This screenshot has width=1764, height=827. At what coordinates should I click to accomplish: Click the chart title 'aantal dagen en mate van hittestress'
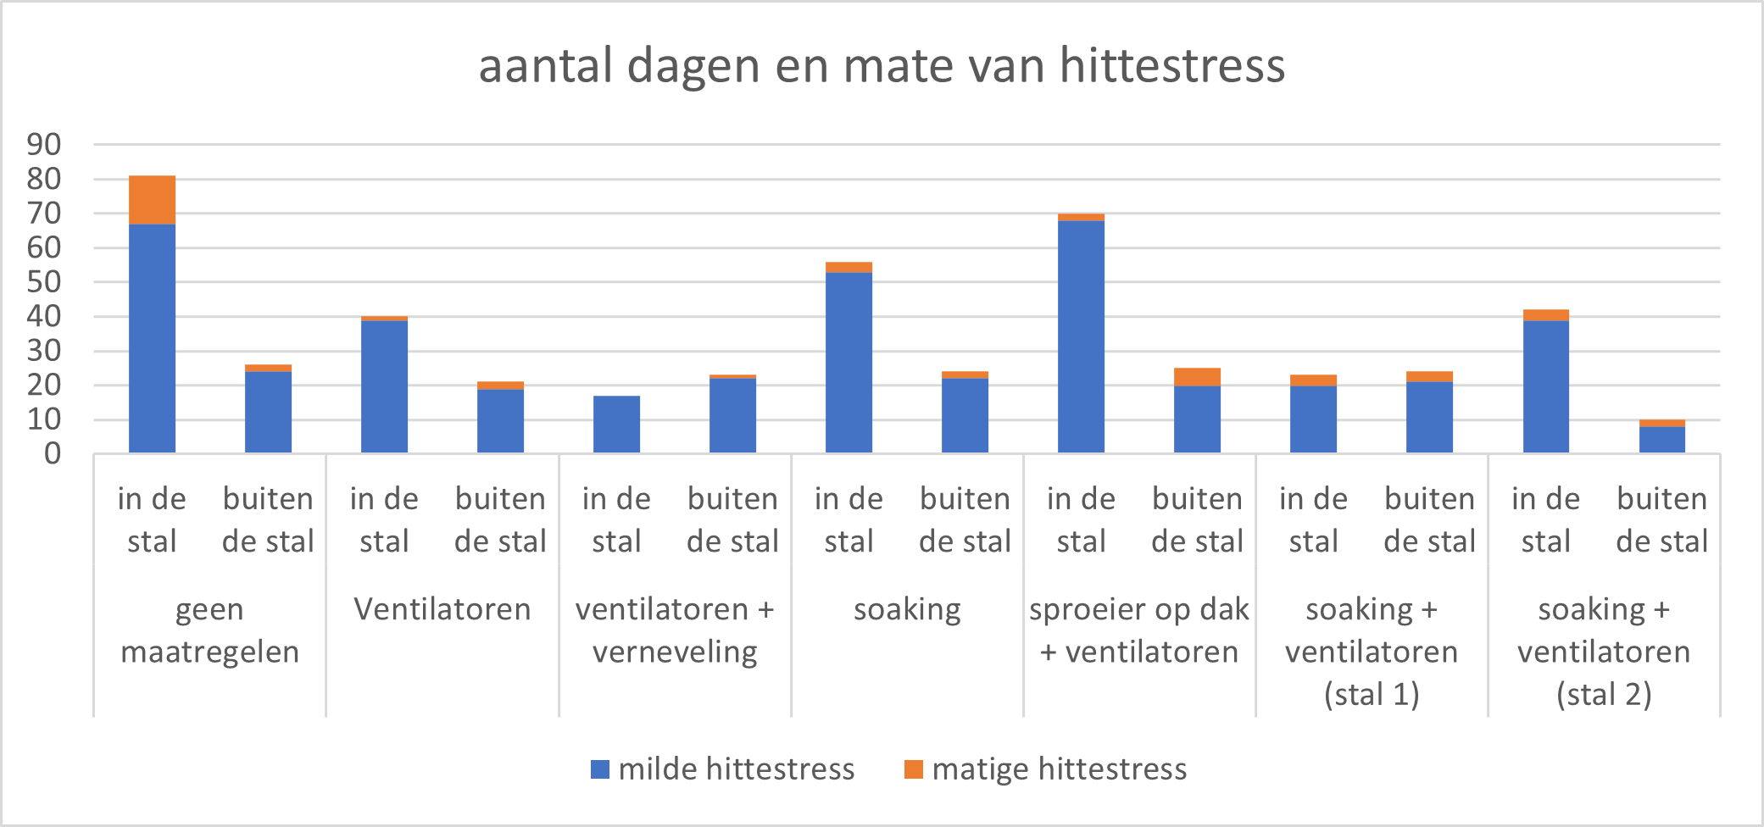tap(882, 66)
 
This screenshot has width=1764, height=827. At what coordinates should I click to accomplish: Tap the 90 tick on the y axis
tap(44, 145)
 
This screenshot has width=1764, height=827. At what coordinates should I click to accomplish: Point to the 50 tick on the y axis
tap(44, 282)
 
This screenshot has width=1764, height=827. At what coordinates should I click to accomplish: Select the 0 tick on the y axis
tap(53, 454)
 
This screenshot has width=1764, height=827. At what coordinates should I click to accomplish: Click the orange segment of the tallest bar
tap(153, 200)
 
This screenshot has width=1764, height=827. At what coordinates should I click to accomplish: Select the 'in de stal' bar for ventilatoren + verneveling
tap(616, 425)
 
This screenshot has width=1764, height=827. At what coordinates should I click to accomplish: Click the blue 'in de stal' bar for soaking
tap(849, 363)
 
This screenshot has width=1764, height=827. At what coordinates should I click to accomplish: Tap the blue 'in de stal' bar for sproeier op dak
tap(1081, 336)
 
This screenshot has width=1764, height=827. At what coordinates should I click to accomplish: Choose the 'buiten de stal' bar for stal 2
tap(1661, 439)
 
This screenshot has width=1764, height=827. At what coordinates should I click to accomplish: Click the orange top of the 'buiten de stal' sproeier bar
tap(1197, 377)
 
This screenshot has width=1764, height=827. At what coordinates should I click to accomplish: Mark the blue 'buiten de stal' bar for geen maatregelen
tap(268, 412)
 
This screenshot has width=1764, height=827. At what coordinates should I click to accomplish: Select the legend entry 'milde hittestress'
tap(723, 769)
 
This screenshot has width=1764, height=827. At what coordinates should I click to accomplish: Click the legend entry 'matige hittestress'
tap(1046, 769)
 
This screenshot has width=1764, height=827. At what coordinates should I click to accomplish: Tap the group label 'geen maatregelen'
tap(209, 630)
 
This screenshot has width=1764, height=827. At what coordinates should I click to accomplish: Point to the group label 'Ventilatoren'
tap(442, 609)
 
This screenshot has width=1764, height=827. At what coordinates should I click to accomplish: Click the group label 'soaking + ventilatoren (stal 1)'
tap(1372, 652)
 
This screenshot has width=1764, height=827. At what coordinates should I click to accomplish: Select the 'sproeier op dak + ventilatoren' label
tap(1139, 630)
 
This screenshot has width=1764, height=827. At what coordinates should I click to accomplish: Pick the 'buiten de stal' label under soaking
tap(965, 519)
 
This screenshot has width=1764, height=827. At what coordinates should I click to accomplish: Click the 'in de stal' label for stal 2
tap(1545, 519)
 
